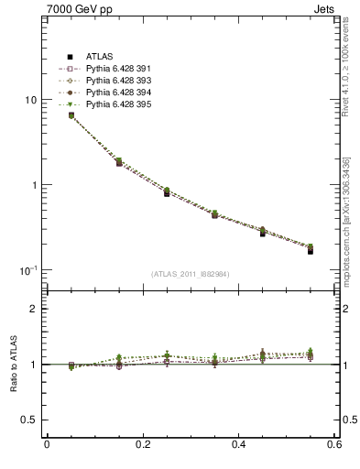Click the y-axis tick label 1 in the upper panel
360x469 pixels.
tap(35, 185)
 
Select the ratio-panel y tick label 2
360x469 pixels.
tap(34, 309)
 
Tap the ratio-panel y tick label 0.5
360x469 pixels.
tap(29, 420)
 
